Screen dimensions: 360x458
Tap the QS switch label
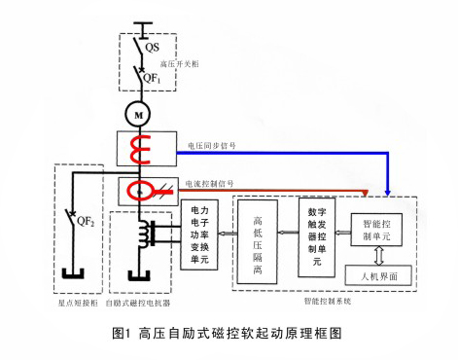(x=152, y=46)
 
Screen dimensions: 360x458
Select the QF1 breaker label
(x=154, y=74)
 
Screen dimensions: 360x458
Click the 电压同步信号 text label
(x=212, y=147)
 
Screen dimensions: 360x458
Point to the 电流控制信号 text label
(x=212, y=180)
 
